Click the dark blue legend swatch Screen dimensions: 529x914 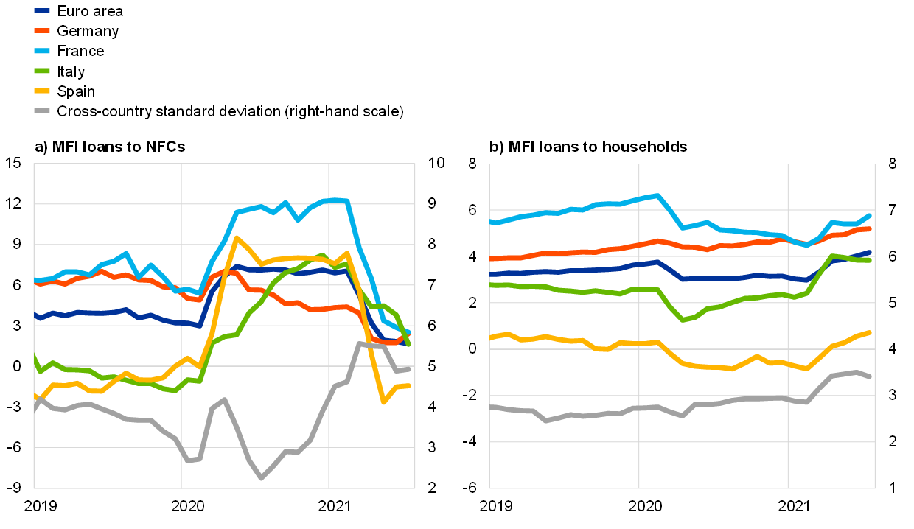42,11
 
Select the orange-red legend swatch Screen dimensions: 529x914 42,31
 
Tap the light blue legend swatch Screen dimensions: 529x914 42,51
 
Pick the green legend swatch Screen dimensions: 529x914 42,71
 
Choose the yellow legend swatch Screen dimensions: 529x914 42,91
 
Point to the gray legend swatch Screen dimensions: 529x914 42,111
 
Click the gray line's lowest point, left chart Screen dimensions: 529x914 261,478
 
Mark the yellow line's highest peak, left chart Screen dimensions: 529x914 236,237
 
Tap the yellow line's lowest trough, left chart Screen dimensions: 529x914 383,402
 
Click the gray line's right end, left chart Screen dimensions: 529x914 408,368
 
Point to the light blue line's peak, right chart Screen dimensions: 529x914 657,195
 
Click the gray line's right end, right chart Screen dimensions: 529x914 870,376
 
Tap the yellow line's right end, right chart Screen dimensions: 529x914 870,333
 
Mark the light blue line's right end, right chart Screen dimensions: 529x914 870,216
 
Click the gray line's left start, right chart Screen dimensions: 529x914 491,407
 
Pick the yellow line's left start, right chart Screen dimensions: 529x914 491,337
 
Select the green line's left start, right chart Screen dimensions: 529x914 491,284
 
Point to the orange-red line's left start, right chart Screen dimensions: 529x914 491,259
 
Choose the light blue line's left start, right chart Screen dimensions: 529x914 491,221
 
